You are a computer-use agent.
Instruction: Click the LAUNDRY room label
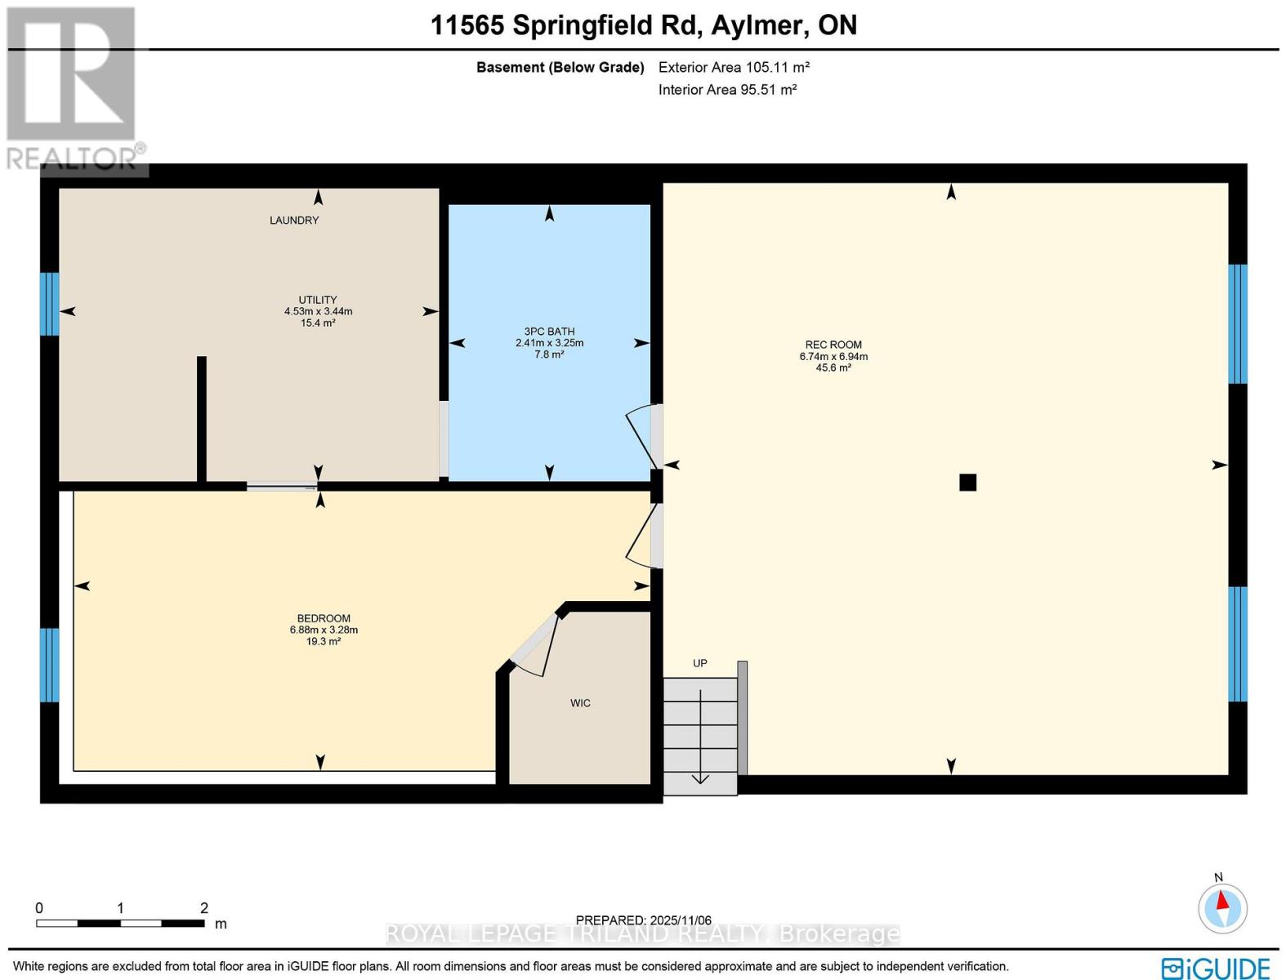[x=294, y=220]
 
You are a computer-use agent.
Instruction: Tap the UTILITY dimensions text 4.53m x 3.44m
[x=318, y=311]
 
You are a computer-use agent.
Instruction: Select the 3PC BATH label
[x=549, y=332]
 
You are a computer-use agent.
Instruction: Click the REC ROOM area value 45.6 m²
[x=833, y=368]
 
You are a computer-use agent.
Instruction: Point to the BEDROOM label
[x=324, y=619]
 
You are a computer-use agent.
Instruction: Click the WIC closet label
[x=580, y=703]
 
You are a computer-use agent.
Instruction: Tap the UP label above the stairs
[x=700, y=663]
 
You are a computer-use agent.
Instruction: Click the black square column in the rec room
[x=967, y=483]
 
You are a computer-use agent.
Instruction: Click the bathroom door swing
[x=641, y=437]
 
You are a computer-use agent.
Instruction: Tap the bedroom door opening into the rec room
[x=641, y=535]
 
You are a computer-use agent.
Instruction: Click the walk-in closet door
[x=535, y=645]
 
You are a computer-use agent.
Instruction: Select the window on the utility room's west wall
[x=49, y=304]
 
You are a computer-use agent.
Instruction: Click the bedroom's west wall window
[x=49, y=665]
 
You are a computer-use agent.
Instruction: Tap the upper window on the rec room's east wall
[x=1238, y=323]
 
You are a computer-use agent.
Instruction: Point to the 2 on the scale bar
[x=204, y=907]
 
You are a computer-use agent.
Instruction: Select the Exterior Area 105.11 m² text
[x=734, y=68]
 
